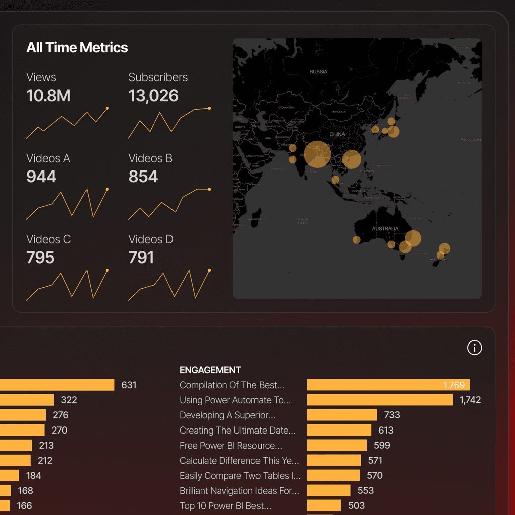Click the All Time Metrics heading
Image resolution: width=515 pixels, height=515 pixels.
(x=77, y=48)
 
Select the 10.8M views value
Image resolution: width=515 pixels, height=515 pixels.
(x=48, y=96)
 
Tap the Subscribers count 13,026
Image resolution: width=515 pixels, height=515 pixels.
(x=153, y=96)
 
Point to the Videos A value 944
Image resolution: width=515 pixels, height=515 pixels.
(x=41, y=177)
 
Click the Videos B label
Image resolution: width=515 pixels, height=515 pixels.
(x=150, y=158)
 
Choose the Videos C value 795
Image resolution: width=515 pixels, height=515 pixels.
(x=40, y=257)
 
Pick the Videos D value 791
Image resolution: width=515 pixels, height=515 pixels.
(x=141, y=257)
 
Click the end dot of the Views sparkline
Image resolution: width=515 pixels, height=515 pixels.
(x=107, y=108)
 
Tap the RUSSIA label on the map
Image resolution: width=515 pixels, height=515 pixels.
(x=318, y=72)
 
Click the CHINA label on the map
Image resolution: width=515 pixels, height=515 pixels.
(x=337, y=135)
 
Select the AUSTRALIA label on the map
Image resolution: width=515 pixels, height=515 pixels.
(x=385, y=229)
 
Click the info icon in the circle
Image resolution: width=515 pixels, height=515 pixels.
(x=474, y=348)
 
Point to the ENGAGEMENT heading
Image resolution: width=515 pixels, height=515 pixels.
(x=210, y=370)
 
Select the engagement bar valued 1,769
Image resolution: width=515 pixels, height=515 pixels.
(x=388, y=385)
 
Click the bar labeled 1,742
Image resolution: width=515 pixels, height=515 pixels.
(x=380, y=400)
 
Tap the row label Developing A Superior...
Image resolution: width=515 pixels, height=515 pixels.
(x=227, y=415)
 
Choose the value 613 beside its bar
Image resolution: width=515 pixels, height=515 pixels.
(x=386, y=430)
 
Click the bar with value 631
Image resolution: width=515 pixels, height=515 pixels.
(x=57, y=385)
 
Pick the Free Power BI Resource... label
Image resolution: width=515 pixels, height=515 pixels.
(x=231, y=446)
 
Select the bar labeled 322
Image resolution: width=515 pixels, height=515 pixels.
(x=27, y=400)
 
